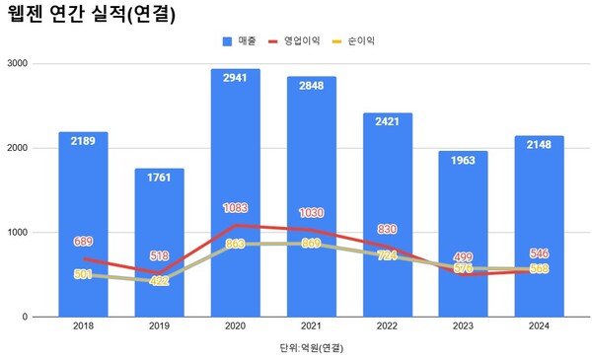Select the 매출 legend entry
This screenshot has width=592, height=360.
coord(242,41)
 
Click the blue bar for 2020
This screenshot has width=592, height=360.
coord(236,148)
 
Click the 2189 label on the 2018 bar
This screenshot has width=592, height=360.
coord(83,142)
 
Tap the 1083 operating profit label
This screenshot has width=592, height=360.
coord(236,209)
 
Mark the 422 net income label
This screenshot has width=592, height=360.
coord(159,281)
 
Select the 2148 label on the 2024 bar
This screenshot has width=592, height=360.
coord(540,145)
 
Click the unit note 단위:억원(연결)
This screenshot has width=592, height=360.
coord(312,348)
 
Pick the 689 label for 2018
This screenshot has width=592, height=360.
coord(83,242)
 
